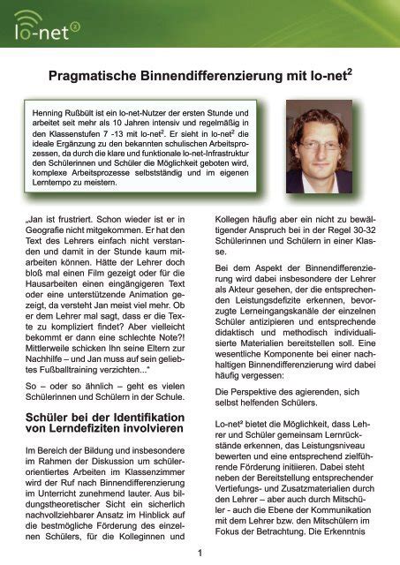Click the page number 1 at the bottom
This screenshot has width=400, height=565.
[x=200, y=554]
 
